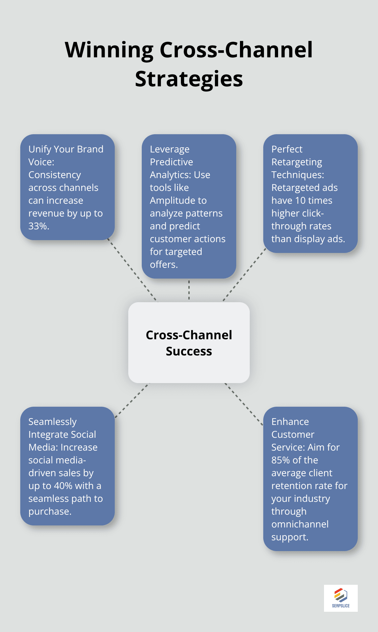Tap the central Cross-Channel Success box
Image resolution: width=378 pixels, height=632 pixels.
(189, 342)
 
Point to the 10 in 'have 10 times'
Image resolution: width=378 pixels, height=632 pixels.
(300, 201)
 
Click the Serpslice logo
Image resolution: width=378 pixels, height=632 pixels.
(341, 598)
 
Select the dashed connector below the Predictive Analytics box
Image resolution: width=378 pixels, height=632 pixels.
(189, 290)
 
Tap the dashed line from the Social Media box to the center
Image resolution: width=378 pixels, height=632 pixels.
(132, 400)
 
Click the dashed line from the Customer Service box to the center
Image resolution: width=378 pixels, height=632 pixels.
(244, 404)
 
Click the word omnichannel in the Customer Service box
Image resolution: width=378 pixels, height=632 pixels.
(300, 524)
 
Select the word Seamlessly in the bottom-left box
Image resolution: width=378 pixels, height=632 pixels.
(52, 422)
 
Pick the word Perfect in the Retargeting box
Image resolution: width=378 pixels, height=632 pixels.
(287, 149)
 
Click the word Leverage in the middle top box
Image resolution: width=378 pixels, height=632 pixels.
(169, 149)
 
